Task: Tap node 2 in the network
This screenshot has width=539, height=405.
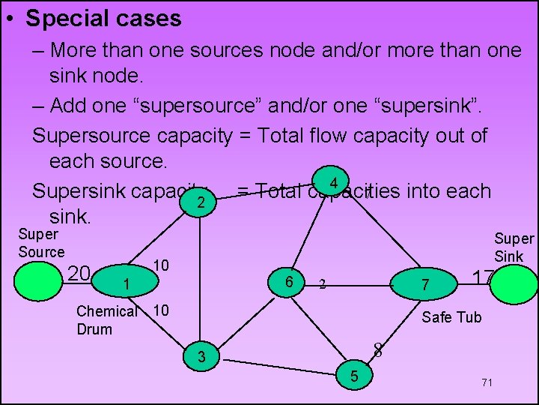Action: click(200, 202)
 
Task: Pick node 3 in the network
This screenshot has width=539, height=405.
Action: click(201, 356)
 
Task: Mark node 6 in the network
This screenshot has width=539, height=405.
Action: click(288, 280)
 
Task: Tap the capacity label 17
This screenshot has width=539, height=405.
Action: click(481, 277)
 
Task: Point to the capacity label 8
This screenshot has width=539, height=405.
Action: click(378, 349)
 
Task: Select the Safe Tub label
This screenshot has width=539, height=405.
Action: click(451, 317)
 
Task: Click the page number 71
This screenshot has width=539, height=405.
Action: click(487, 382)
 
